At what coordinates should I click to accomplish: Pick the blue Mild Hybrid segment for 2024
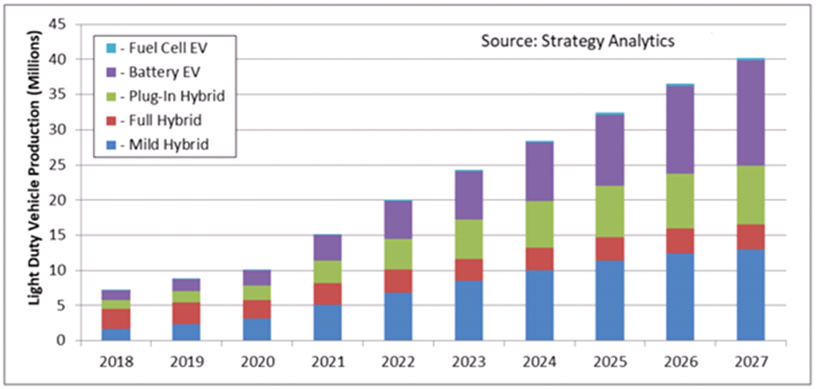point(540,306)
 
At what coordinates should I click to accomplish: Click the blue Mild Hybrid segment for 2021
point(328,323)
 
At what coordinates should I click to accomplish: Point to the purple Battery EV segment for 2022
point(398,220)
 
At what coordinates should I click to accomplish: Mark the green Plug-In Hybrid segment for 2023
point(468,240)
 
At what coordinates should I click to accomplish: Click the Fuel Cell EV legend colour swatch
point(110,49)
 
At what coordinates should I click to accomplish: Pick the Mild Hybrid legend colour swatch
point(110,144)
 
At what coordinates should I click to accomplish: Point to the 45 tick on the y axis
point(58,25)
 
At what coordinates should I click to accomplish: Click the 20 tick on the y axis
point(58,200)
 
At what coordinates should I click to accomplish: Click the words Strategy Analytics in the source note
point(618,42)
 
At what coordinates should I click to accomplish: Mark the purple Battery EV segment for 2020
point(257,278)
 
